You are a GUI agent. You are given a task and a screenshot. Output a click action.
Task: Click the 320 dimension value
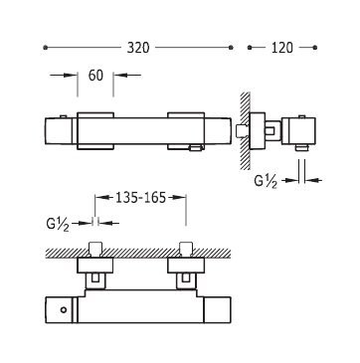(138, 48)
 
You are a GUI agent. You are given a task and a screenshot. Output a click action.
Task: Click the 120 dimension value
(282, 48)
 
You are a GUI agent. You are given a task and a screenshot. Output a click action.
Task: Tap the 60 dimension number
(95, 76)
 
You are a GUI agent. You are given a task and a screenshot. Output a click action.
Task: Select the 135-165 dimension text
(140, 198)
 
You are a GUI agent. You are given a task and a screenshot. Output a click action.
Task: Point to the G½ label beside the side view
(266, 181)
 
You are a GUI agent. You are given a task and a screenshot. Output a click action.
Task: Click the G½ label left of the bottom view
(58, 224)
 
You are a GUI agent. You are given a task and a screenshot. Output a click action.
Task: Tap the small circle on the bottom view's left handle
(64, 310)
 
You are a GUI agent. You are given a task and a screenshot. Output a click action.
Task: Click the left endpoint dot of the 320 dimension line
(46, 48)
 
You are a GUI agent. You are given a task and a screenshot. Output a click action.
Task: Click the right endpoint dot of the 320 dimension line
(231, 48)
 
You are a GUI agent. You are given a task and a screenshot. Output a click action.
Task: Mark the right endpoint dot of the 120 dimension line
(315, 48)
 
